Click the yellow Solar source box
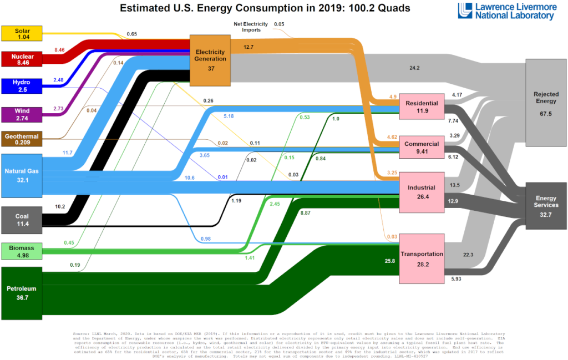(x=22, y=33)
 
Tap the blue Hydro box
(x=22, y=86)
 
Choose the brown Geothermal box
(x=22, y=139)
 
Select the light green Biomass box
(x=22, y=251)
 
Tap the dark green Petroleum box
(x=22, y=293)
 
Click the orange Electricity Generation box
(x=210, y=60)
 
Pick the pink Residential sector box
(x=422, y=107)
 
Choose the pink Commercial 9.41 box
(x=422, y=148)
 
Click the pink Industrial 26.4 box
(x=422, y=192)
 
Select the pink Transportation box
(x=422, y=258)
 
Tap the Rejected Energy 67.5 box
(x=546, y=102)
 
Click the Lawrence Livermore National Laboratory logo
(x=505, y=11)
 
